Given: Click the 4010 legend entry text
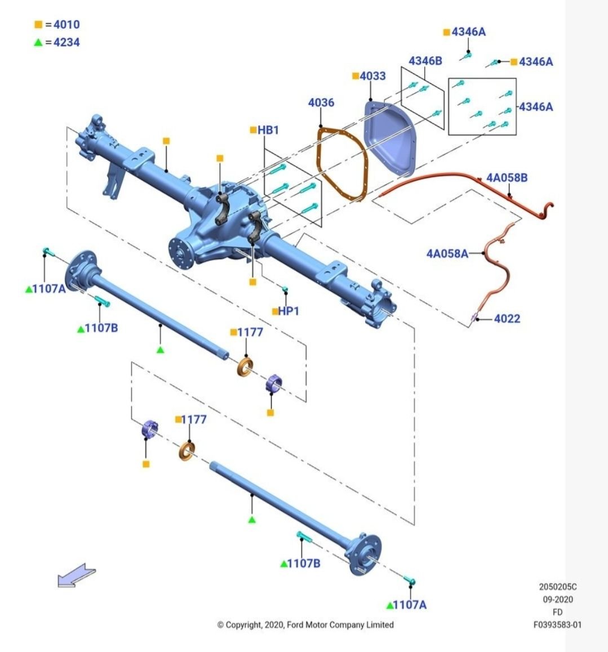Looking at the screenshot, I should [66, 25].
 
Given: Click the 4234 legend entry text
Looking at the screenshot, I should [66, 42].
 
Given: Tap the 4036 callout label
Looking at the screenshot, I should [321, 102].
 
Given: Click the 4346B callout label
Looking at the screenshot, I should [425, 61].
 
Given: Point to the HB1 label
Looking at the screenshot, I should [268, 130].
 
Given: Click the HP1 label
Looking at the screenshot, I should [289, 311].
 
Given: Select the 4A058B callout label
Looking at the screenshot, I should [507, 178].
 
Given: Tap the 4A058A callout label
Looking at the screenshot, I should [447, 253].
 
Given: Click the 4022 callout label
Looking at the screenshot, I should [507, 319].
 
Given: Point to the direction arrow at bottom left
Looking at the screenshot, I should [76, 575].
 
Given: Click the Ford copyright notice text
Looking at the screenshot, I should [305, 624].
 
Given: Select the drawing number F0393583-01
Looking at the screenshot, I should [557, 624].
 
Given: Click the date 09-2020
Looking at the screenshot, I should [557, 599].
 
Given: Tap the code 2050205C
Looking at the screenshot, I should [557, 587].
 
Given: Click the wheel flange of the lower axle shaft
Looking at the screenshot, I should [364, 555].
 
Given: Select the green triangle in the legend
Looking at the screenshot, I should [38, 42].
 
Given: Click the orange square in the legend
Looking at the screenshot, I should [38, 25].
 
